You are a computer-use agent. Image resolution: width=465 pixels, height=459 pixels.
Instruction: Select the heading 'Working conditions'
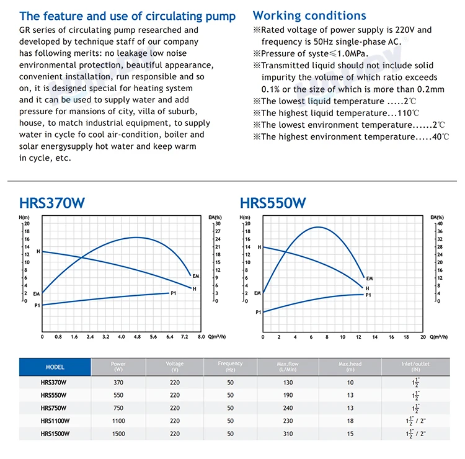(x=309, y=16)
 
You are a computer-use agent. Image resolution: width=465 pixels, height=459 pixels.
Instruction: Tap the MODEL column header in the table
(x=55, y=367)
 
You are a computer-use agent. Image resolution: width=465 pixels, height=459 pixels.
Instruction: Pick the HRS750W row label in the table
(x=55, y=408)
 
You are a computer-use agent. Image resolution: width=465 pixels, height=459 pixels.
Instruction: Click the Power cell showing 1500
(x=118, y=432)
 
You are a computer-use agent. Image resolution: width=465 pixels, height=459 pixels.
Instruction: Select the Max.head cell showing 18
(x=350, y=420)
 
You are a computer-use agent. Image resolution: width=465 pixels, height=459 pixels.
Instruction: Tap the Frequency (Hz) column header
(x=230, y=366)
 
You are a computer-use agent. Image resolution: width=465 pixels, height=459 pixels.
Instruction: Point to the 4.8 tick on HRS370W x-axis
(x=137, y=337)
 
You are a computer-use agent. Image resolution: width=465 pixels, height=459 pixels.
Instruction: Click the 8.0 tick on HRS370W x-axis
(x=201, y=337)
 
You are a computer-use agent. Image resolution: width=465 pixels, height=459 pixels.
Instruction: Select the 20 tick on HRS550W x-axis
(x=423, y=337)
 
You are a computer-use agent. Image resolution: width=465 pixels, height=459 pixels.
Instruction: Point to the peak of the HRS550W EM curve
(x=317, y=227)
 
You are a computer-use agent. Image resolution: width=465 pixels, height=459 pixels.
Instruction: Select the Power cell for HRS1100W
(x=118, y=420)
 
